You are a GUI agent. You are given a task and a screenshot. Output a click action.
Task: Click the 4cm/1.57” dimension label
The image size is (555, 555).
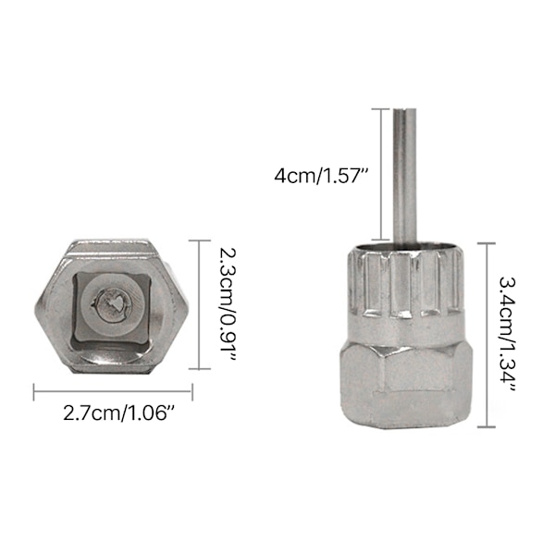pyautogui.click(x=321, y=176)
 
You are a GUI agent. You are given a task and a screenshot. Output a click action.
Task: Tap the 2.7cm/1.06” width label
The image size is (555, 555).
pyautogui.click(x=119, y=413)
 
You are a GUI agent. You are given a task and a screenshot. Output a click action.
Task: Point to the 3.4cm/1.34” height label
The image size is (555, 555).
pyautogui.click(x=507, y=335)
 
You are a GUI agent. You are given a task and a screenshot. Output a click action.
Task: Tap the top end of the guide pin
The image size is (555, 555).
pyautogui.click(x=404, y=108)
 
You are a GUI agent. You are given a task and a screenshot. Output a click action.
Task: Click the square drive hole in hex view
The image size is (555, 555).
pyautogui.click(x=111, y=308)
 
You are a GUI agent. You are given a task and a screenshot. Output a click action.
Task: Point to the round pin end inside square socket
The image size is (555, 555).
pyautogui.click(x=111, y=304)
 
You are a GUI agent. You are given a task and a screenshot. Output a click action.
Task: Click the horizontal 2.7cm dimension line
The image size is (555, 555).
pyautogui.click(x=113, y=391)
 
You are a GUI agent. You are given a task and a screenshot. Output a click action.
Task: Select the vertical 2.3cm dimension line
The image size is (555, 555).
pyautogui.click(x=199, y=304)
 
